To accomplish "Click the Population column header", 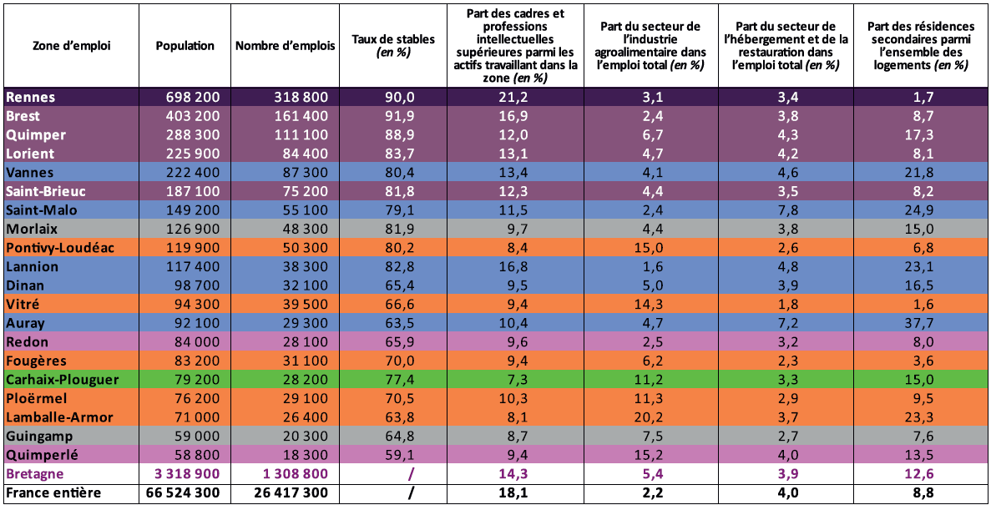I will tap(185, 46).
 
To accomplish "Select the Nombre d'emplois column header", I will tap(286, 46).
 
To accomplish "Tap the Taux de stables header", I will tap(382, 46).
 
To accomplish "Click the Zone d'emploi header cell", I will tap(71, 46).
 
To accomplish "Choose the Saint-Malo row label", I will tap(42, 210).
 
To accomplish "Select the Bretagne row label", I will tap(36, 474).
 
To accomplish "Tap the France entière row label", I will tap(53, 493).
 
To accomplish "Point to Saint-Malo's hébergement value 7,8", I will tap(784, 210).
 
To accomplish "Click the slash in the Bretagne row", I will tap(410, 474).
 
